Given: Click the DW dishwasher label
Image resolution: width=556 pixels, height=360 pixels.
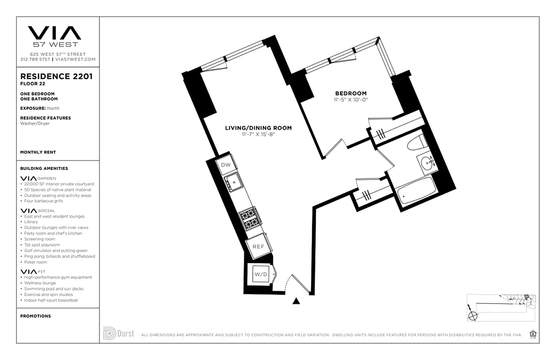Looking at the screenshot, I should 226,165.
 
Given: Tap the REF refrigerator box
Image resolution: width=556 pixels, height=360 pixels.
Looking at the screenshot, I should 258,247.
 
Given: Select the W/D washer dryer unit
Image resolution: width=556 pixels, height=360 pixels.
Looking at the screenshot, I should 260,274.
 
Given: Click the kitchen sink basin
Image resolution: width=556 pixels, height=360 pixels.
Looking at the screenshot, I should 234,183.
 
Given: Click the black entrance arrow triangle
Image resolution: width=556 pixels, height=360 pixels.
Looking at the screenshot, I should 296,301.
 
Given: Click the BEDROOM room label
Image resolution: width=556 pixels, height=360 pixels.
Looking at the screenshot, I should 350,94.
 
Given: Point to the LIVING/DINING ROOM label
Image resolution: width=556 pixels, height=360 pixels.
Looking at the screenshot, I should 258,128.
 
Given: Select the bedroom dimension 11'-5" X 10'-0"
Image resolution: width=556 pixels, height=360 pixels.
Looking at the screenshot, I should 350,100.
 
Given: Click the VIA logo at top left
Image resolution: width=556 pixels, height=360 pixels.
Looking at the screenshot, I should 54,33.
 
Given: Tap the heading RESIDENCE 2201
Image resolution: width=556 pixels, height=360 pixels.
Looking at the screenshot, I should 56,76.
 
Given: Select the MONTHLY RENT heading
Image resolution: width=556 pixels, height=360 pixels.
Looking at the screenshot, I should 38,153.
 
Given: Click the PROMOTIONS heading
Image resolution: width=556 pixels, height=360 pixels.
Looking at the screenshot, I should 36,316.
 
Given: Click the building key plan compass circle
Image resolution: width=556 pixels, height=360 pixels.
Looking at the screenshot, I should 472,315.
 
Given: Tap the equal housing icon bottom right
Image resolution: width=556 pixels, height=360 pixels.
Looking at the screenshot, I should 533,334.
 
